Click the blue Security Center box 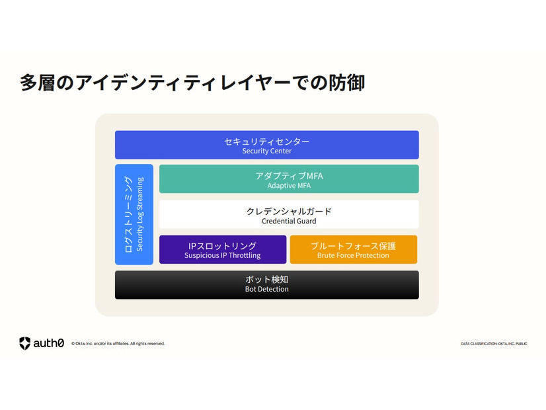pyautogui.click(x=267, y=145)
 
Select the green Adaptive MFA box pyautogui.click(x=289, y=179)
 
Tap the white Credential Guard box pyautogui.click(x=289, y=214)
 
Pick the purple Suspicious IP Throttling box pyautogui.click(x=223, y=249)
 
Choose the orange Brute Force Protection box pyautogui.click(x=354, y=249)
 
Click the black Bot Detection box pyautogui.click(x=267, y=285)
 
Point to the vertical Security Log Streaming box pyautogui.click(x=134, y=214)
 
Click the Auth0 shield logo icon pyautogui.click(x=24, y=343)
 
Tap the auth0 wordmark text pyautogui.click(x=49, y=343)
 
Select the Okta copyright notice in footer pyautogui.click(x=118, y=343)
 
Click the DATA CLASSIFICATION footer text pyautogui.click(x=494, y=344)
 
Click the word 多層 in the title pyautogui.click(x=37, y=83)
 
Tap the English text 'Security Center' pyautogui.click(x=267, y=151)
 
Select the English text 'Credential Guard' pyautogui.click(x=289, y=221)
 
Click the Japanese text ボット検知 pyautogui.click(x=267, y=279)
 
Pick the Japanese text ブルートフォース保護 pyautogui.click(x=354, y=246)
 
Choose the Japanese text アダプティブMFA pyautogui.click(x=289, y=176)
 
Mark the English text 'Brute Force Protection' pyautogui.click(x=353, y=255)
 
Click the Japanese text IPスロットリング pyautogui.click(x=222, y=246)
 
